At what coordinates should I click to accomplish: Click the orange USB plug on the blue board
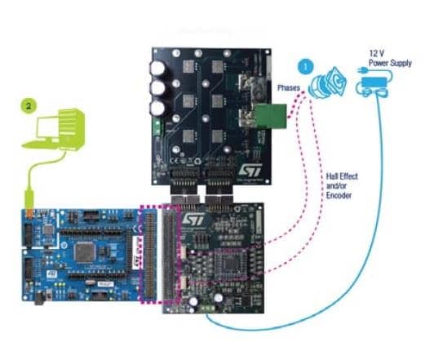click(30, 212)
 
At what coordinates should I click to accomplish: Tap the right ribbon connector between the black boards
click(222, 197)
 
